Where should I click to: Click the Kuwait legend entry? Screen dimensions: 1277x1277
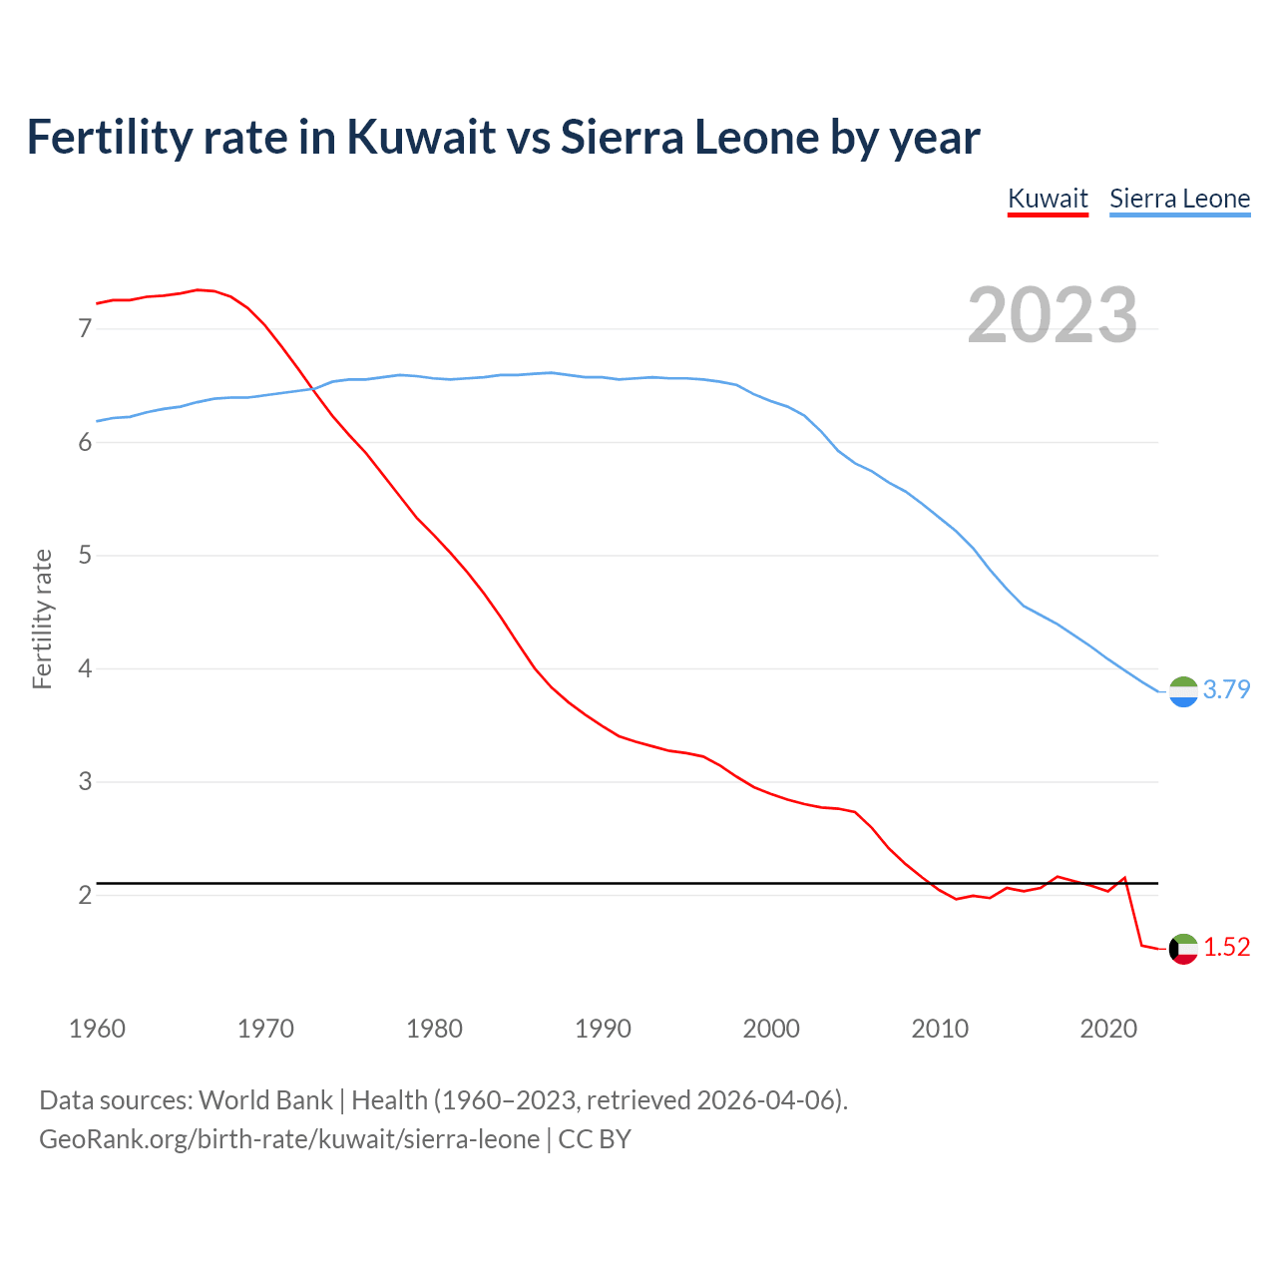pyautogui.click(x=1048, y=199)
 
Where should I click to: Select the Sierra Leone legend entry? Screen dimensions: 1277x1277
pyautogui.click(x=1179, y=199)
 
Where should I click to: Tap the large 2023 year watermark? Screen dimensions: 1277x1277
pyautogui.click(x=1053, y=315)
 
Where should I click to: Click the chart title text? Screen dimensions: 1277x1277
pyautogui.click(x=503, y=137)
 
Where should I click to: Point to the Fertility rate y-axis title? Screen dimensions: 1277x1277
pyautogui.click(x=42, y=619)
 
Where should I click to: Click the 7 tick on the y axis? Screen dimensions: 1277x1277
pyautogui.click(x=85, y=328)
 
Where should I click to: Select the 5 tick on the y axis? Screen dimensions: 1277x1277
pyautogui.click(x=85, y=555)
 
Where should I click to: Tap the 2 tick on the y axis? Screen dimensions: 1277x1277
pyautogui.click(x=85, y=895)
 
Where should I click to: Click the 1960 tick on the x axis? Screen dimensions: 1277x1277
pyautogui.click(x=97, y=1029)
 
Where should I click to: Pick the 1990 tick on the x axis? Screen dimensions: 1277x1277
pyautogui.click(x=603, y=1029)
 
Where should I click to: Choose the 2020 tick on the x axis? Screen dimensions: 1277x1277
pyautogui.click(x=1108, y=1029)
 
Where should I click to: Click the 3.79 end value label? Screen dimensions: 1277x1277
pyautogui.click(x=1226, y=689)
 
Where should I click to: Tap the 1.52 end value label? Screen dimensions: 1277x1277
pyautogui.click(x=1226, y=947)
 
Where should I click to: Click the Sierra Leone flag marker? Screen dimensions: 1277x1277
pyautogui.click(x=1183, y=691)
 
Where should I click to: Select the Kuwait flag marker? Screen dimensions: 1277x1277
pyautogui.click(x=1183, y=949)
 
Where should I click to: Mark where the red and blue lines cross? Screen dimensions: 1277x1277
pyautogui.click(x=311, y=389)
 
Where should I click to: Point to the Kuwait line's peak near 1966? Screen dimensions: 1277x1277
pyautogui.click(x=198, y=289)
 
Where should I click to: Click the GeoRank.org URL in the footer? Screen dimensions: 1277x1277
pyautogui.click(x=289, y=1138)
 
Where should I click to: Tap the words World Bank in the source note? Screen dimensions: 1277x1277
pyautogui.click(x=265, y=1099)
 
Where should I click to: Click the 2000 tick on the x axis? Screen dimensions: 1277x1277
pyautogui.click(x=771, y=1029)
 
